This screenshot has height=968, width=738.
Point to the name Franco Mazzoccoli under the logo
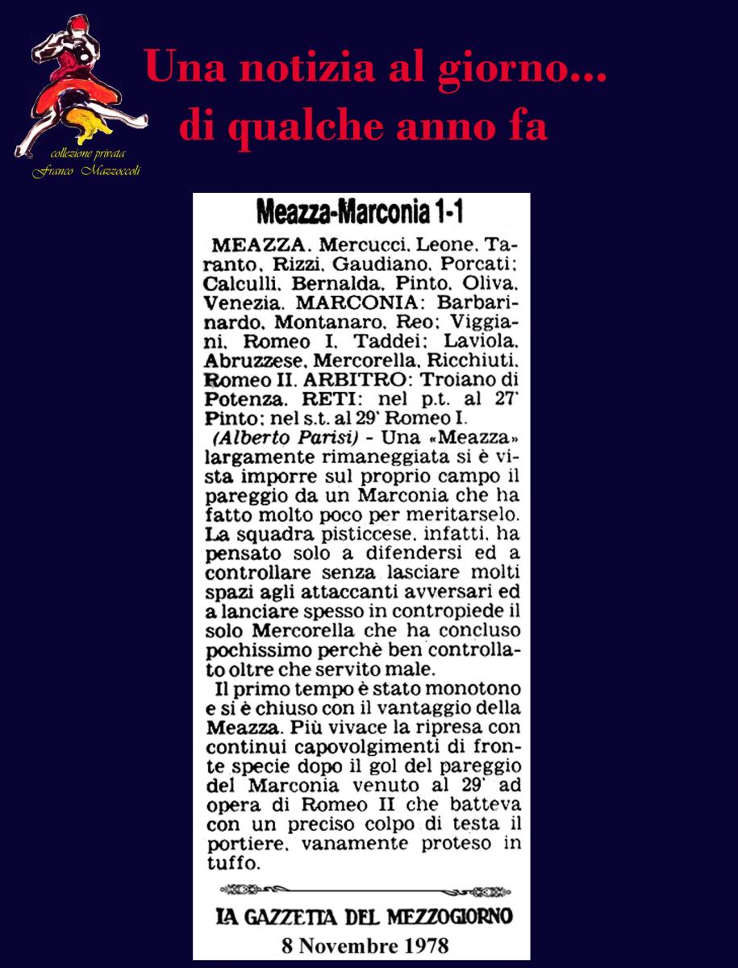pos(85,172)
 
